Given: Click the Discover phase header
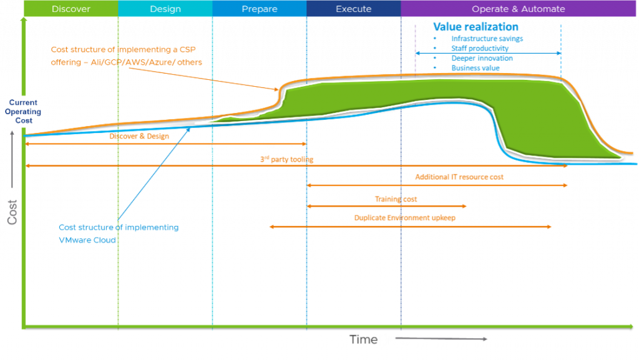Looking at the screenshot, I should (71, 9).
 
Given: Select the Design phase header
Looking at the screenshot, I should (165, 9).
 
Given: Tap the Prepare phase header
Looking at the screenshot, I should (259, 9).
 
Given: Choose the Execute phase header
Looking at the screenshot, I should (353, 9).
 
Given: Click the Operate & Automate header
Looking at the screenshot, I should (518, 9).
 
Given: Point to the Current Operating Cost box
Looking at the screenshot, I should (23, 112).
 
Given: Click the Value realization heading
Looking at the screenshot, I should (476, 27).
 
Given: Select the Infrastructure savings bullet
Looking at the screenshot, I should (487, 39).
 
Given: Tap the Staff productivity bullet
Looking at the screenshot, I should (479, 48).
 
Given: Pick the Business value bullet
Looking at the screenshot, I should (475, 68).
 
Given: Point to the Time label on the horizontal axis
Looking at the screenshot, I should (379, 340).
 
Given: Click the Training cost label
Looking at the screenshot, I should (396, 200).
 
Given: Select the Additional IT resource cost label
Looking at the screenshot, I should (459, 177).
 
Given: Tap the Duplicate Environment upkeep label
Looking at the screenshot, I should (404, 218).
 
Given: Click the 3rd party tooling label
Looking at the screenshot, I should (286, 160).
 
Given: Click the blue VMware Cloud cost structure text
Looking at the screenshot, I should (119, 233).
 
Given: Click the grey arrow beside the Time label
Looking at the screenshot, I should (449, 339).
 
